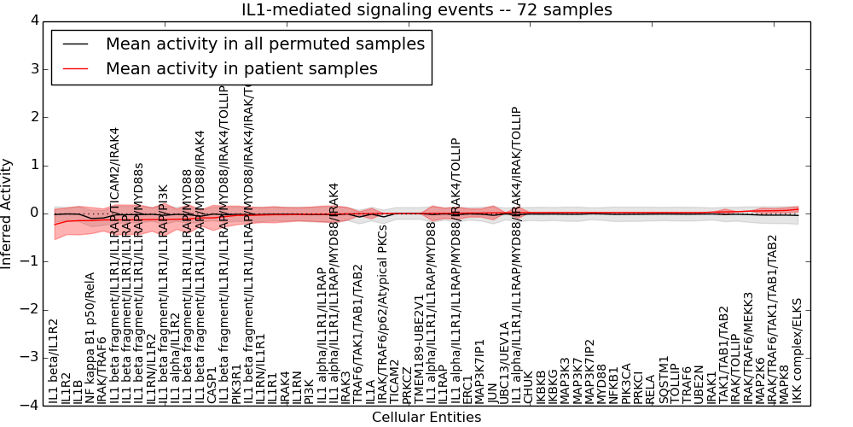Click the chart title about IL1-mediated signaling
426,9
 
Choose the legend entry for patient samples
241,68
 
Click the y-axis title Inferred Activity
8,213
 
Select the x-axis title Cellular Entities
426,418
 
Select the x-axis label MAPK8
785,383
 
